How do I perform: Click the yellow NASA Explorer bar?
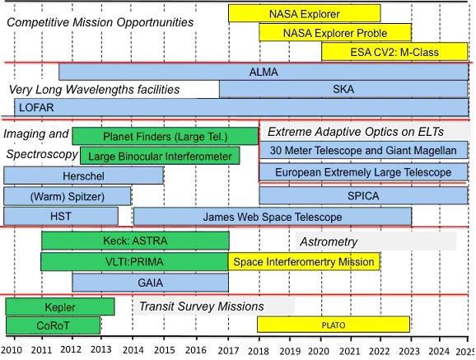305,13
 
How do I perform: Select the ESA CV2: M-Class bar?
394,52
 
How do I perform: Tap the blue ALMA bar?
264,72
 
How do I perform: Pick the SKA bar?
343,89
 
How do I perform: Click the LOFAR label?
36,108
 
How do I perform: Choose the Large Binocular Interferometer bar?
160,156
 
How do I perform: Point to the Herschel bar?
84,175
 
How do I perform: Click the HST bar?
61,217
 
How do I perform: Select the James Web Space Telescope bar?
273,217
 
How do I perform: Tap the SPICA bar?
363,195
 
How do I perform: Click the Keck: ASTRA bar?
135,241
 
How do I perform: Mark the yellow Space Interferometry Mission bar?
304,262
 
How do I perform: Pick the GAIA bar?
151,283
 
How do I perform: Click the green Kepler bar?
60,306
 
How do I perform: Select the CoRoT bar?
54,325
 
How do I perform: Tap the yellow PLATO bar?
334,325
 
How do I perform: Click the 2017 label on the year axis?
228,351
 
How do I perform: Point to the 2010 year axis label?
12,350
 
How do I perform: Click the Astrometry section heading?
329,242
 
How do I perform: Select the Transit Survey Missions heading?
202,306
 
